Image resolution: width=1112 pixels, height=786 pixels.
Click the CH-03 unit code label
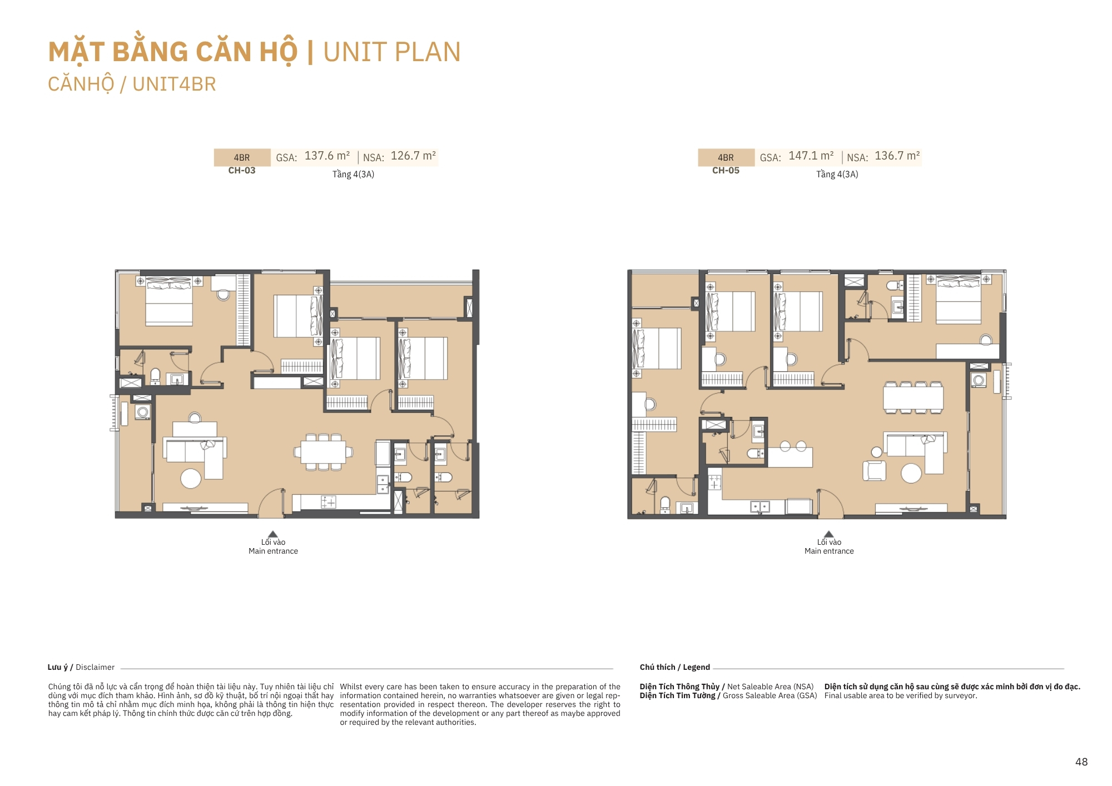(x=242, y=171)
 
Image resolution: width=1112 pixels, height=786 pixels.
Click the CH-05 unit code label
(x=726, y=171)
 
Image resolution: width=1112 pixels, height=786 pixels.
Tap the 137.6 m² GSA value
(x=327, y=156)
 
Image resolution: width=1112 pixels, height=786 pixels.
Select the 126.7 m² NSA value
(x=413, y=156)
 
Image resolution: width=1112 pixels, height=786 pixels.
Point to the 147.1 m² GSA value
(x=811, y=156)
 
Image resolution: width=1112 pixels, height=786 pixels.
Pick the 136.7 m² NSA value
(x=897, y=156)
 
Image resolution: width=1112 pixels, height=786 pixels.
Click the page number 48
(x=1081, y=762)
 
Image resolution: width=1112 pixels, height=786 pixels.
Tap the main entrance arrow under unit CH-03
(x=272, y=534)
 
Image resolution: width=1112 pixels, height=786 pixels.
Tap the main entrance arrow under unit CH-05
(x=829, y=534)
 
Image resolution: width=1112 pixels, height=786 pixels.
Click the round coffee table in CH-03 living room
(x=191, y=479)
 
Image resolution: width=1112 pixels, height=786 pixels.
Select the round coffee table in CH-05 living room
(x=911, y=473)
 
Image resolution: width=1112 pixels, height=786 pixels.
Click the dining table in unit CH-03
(x=323, y=452)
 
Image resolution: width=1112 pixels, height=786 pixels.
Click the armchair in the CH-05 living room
(x=874, y=471)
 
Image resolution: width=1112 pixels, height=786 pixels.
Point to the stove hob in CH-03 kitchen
(x=329, y=503)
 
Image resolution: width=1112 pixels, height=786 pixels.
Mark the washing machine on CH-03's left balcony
(x=143, y=412)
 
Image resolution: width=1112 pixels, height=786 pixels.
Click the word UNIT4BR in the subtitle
(x=174, y=84)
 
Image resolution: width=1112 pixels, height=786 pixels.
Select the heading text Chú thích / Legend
(x=674, y=667)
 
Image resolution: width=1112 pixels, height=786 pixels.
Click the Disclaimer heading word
(x=95, y=667)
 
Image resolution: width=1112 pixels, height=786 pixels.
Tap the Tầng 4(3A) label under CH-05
(x=837, y=175)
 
